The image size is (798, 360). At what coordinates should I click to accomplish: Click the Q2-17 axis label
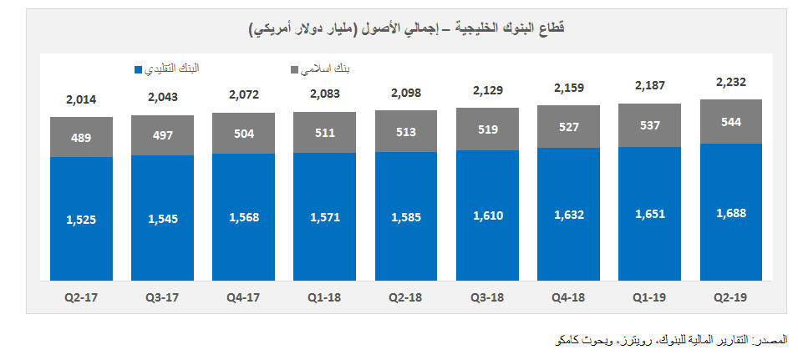pyautogui.click(x=81, y=297)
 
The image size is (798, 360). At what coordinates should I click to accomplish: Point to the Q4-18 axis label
pyautogui.click(x=568, y=297)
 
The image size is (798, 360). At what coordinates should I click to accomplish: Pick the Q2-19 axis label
pyautogui.click(x=730, y=297)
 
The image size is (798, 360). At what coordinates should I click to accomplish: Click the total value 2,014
pyautogui.click(x=81, y=100)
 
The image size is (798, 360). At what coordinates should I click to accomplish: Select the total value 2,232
pyautogui.click(x=730, y=82)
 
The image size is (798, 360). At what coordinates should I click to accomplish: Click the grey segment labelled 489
pyautogui.click(x=81, y=138)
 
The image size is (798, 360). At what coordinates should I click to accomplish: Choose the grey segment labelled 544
pyautogui.click(x=730, y=121)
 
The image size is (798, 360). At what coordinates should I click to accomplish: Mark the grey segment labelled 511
pyautogui.click(x=324, y=132)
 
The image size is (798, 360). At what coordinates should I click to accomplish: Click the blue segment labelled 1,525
pyautogui.click(x=81, y=220)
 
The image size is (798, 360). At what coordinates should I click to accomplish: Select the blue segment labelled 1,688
pyautogui.click(x=730, y=213)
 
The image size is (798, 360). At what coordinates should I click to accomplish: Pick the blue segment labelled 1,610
pyautogui.click(x=487, y=215)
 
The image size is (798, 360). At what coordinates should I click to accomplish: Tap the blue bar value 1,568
pyautogui.click(x=243, y=217)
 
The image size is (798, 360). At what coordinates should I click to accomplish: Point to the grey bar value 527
pyautogui.click(x=568, y=127)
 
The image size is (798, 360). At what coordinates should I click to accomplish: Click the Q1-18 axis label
pyautogui.click(x=324, y=297)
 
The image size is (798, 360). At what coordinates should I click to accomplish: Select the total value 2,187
pyautogui.click(x=649, y=86)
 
